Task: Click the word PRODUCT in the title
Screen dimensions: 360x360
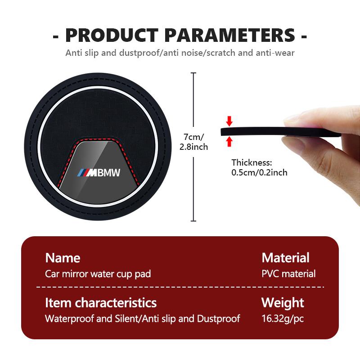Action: (x=112, y=36)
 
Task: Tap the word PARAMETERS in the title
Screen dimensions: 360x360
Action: (x=230, y=36)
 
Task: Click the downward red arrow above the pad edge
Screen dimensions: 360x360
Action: (x=229, y=121)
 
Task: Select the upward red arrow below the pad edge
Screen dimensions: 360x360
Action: (x=229, y=141)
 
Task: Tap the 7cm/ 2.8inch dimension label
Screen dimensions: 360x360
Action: (x=193, y=142)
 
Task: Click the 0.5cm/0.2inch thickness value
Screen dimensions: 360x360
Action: (x=259, y=172)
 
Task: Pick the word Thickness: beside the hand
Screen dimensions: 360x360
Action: (x=252, y=162)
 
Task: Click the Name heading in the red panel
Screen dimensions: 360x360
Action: (x=63, y=258)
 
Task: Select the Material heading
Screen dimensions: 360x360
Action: (x=285, y=257)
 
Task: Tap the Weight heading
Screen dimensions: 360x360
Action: (x=283, y=303)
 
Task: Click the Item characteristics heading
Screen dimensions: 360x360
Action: (x=101, y=302)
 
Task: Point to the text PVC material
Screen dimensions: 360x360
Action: (x=288, y=274)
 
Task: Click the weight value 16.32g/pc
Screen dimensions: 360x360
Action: (x=283, y=319)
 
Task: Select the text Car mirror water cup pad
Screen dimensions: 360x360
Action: (x=98, y=274)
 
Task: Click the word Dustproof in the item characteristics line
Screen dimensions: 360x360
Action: (x=219, y=319)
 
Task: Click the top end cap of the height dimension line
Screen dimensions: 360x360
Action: (x=193, y=73)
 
